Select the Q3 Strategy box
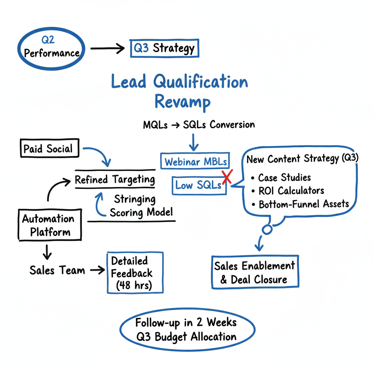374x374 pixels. (x=164, y=48)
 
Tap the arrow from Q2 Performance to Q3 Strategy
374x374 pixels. (x=107, y=48)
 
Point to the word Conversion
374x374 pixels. (x=232, y=125)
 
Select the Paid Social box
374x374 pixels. (x=48, y=149)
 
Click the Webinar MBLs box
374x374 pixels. (x=195, y=161)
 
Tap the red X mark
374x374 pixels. (x=227, y=178)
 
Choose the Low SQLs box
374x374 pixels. (x=198, y=185)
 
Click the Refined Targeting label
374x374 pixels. (x=115, y=179)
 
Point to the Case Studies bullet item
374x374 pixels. (x=284, y=178)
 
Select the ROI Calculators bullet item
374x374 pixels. (x=291, y=191)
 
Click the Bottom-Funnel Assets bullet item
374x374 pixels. (x=303, y=204)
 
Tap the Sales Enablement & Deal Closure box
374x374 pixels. (x=255, y=272)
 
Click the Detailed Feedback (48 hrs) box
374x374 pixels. (x=134, y=273)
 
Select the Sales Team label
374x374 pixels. (x=57, y=270)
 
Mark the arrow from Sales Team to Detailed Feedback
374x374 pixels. (x=96, y=270)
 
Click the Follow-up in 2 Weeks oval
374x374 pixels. (x=186, y=329)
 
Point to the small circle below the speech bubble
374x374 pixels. (x=267, y=229)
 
